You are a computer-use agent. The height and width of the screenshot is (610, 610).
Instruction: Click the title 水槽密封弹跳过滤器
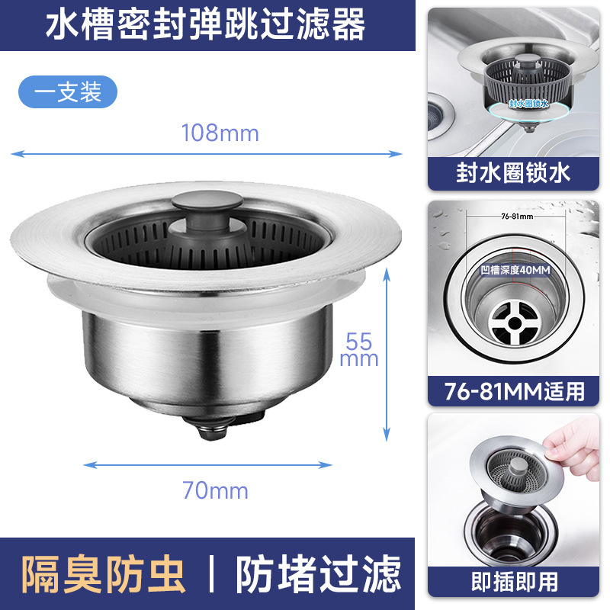(x=206, y=26)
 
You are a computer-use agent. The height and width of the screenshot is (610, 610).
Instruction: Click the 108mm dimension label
(x=220, y=133)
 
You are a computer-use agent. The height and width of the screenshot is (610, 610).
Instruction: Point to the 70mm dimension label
(x=215, y=490)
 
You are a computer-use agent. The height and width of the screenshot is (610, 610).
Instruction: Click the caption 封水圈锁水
(x=513, y=173)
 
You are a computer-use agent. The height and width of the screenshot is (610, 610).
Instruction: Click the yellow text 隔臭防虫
(x=103, y=574)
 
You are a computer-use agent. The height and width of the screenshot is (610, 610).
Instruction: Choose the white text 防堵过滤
(x=317, y=574)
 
